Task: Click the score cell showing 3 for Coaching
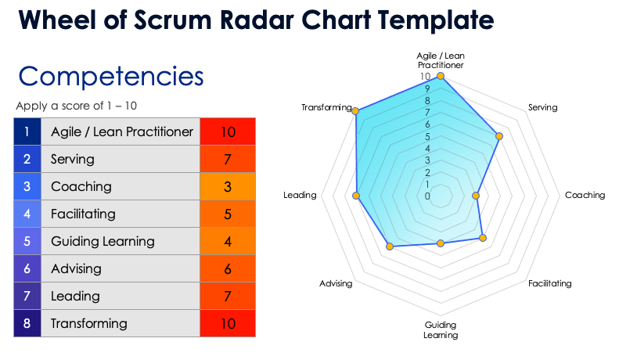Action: click(228, 186)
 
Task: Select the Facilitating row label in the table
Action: click(83, 214)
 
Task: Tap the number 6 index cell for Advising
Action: click(27, 268)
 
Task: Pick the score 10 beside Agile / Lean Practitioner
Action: click(228, 131)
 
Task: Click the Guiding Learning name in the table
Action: click(103, 241)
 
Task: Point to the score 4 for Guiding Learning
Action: click(228, 241)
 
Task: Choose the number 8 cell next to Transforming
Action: click(27, 323)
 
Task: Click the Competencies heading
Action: click(110, 77)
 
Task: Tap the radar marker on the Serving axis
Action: click(499, 136)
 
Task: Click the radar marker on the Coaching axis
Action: click(477, 195)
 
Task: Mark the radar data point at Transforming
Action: click(357, 111)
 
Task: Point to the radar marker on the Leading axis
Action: click(357, 195)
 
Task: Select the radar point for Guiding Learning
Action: click(441, 243)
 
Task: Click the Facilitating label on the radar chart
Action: click(549, 283)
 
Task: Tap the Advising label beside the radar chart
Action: click(336, 283)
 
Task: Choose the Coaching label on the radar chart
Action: click(585, 195)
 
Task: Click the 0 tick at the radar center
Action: click(427, 196)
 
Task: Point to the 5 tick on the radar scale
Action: click(427, 136)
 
